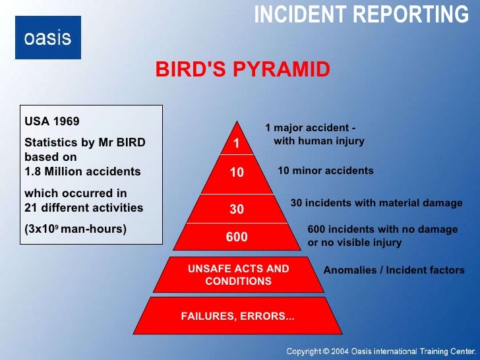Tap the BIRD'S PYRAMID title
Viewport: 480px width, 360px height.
pyautogui.click(x=243, y=70)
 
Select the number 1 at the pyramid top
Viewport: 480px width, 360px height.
pyautogui.click(x=237, y=143)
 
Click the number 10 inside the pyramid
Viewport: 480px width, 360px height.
pyautogui.click(x=237, y=173)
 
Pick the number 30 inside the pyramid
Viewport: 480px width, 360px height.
pyautogui.click(x=237, y=210)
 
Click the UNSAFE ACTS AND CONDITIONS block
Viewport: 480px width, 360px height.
pyautogui.click(x=238, y=275)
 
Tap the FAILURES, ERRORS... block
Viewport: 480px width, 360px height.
pyautogui.click(x=237, y=316)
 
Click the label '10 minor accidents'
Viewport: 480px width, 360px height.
pyautogui.click(x=326, y=171)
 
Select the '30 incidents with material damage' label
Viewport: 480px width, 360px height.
pyautogui.click(x=376, y=203)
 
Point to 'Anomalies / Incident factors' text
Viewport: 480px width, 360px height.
pyautogui.click(x=394, y=270)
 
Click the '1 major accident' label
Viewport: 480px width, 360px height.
pyautogui.click(x=314, y=135)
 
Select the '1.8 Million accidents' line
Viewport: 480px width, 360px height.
pyautogui.click(x=82, y=172)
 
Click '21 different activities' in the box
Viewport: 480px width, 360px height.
pyautogui.click(x=84, y=208)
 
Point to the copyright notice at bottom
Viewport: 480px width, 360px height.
pyautogui.click(x=380, y=350)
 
